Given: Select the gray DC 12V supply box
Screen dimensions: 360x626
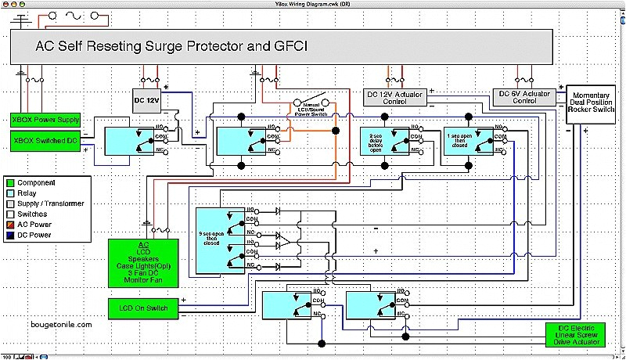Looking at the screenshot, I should pyautogui.click(x=147, y=100).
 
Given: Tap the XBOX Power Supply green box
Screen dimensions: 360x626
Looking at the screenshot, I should pyautogui.click(x=45, y=120).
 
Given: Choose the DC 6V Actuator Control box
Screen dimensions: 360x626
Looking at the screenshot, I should pyautogui.click(x=523, y=96).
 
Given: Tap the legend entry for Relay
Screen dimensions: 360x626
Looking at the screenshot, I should pyautogui.click(x=27, y=193).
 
